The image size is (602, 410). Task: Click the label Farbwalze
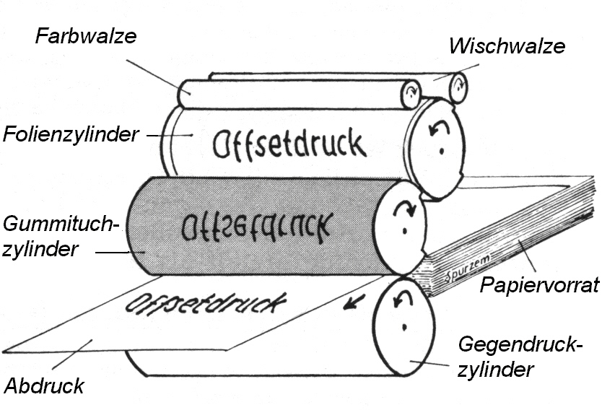click(x=85, y=36)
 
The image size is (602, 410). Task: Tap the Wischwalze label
click(x=507, y=46)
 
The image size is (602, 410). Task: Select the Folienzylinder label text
click(x=70, y=134)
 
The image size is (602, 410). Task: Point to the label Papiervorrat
click(x=539, y=285)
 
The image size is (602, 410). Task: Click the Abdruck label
click(x=44, y=385)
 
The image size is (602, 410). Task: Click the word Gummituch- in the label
click(x=60, y=223)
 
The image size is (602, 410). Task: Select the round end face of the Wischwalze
click(x=458, y=87)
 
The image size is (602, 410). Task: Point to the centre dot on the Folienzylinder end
click(x=436, y=153)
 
